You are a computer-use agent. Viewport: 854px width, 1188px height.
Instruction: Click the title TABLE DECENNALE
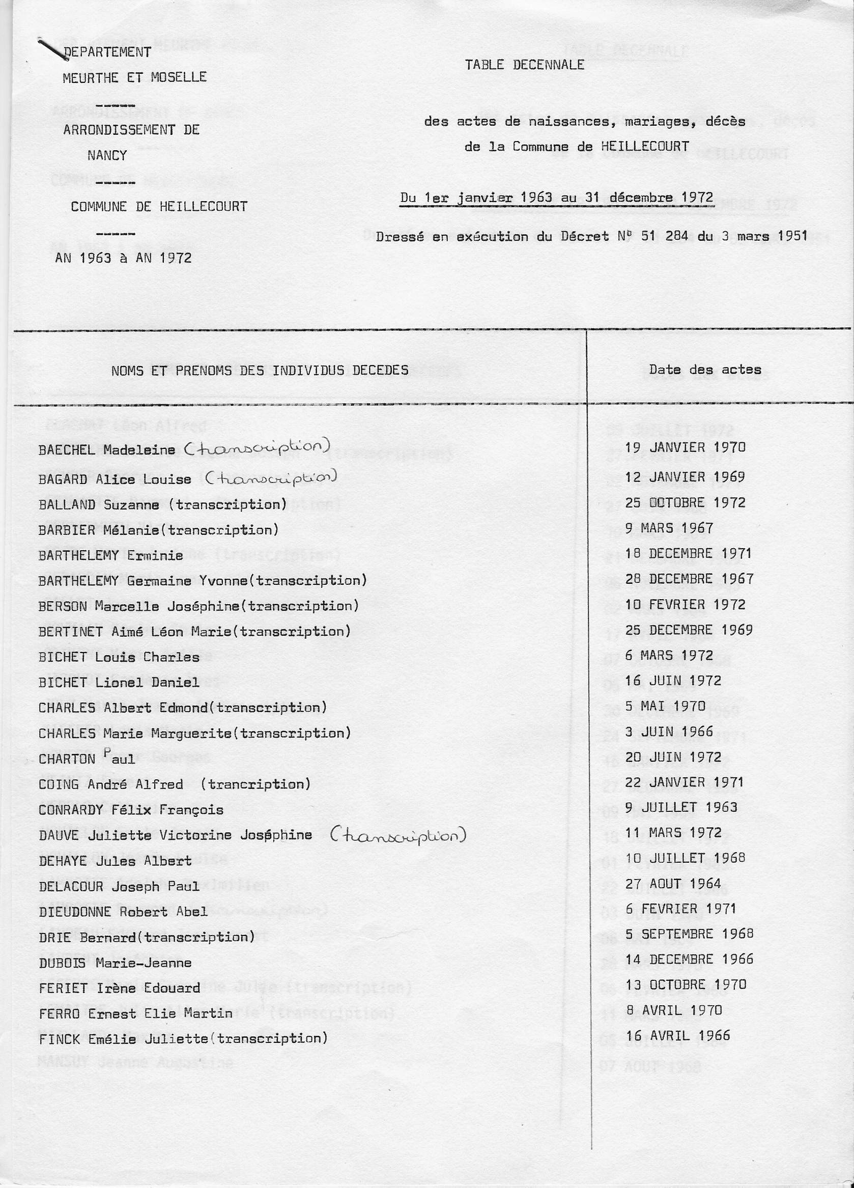pos(524,65)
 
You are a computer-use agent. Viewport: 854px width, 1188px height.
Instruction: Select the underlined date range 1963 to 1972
pos(556,198)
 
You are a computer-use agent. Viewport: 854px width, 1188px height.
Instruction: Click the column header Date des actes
pos(705,370)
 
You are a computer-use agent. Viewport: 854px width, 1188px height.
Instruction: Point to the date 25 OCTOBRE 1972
pos(686,502)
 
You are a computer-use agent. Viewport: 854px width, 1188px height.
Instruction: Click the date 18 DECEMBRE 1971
pos(688,553)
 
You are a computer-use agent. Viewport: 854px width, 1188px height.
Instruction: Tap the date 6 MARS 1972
pos(669,655)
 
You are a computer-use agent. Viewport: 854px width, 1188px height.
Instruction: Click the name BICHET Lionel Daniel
pos(119,682)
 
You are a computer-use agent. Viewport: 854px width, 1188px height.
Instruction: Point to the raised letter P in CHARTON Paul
pos(107,753)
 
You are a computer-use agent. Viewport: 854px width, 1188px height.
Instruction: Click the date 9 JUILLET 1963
pos(680,807)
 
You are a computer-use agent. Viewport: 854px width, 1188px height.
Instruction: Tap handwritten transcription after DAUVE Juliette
pos(398,833)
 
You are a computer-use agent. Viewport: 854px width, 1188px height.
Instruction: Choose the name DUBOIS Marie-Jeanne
pos(115,963)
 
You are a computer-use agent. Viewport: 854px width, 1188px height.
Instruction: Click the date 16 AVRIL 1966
pos(677,1036)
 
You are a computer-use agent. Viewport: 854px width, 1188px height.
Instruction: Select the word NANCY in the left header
pos(107,156)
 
